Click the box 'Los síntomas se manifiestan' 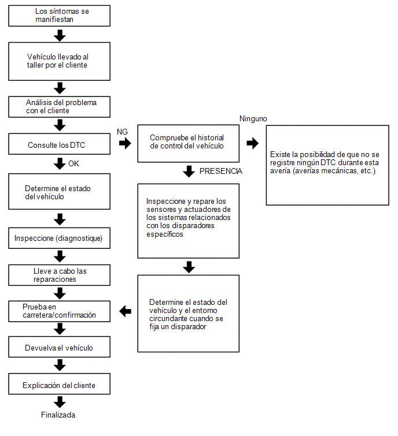(x=59, y=16)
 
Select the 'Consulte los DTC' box (x=59, y=144)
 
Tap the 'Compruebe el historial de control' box (x=188, y=143)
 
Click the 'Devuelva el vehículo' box (x=59, y=347)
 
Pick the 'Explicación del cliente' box (x=59, y=384)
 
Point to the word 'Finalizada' (x=58, y=415)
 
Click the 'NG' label (x=122, y=132)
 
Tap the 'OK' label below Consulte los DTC (x=73, y=163)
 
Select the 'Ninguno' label (x=253, y=119)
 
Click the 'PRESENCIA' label (x=220, y=171)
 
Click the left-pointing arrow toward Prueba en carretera (x=126, y=311)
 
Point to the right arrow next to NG (x=125, y=143)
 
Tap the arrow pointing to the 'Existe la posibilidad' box (x=253, y=143)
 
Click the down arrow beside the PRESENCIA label (x=189, y=172)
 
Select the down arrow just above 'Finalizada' (x=60, y=403)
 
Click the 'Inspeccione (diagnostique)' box (x=59, y=238)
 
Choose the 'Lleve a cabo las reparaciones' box (x=59, y=275)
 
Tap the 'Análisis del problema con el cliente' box (x=59, y=107)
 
